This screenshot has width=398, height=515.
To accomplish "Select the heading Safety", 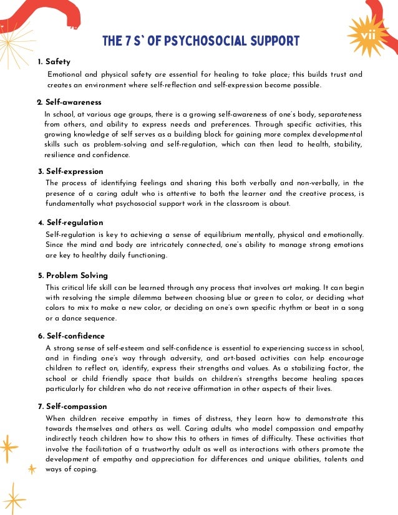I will pos(58,62).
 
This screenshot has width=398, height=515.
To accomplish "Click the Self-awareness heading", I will pos(73,102).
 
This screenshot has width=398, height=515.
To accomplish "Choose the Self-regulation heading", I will pos(75,223).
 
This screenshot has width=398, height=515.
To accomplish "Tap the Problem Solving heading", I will pos(77,276).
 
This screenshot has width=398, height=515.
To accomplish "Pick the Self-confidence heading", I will pos(75,336).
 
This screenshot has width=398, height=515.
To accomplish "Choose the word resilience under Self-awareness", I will pos(61,155).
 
